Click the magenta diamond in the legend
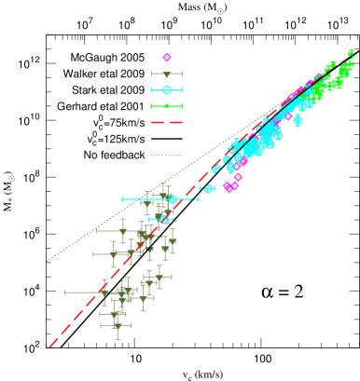[x=167, y=58]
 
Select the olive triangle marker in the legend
[x=167, y=75]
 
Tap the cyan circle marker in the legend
[x=167, y=90]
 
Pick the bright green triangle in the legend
[x=167, y=106]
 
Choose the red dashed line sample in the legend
[x=167, y=122]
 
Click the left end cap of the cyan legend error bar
[x=151, y=90]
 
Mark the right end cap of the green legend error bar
[x=183, y=106]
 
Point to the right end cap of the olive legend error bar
[x=183, y=75]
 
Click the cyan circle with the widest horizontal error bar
[x=173, y=199]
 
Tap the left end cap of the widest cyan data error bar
[x=122, y=199]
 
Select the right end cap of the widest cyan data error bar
[x=198, y=199]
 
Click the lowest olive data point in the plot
[x=118, y=326]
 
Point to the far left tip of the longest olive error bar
[x=65, y=293]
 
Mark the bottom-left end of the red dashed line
[x=50, y=347]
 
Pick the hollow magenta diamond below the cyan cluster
[x=239, y=177]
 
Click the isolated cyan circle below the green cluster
[x=298, y=119]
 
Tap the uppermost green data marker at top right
[x=352, y=53]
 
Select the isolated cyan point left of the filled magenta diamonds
[x=209, y=188]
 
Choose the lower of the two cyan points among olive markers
[x=163, y=219]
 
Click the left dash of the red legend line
[x=156, y=122]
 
